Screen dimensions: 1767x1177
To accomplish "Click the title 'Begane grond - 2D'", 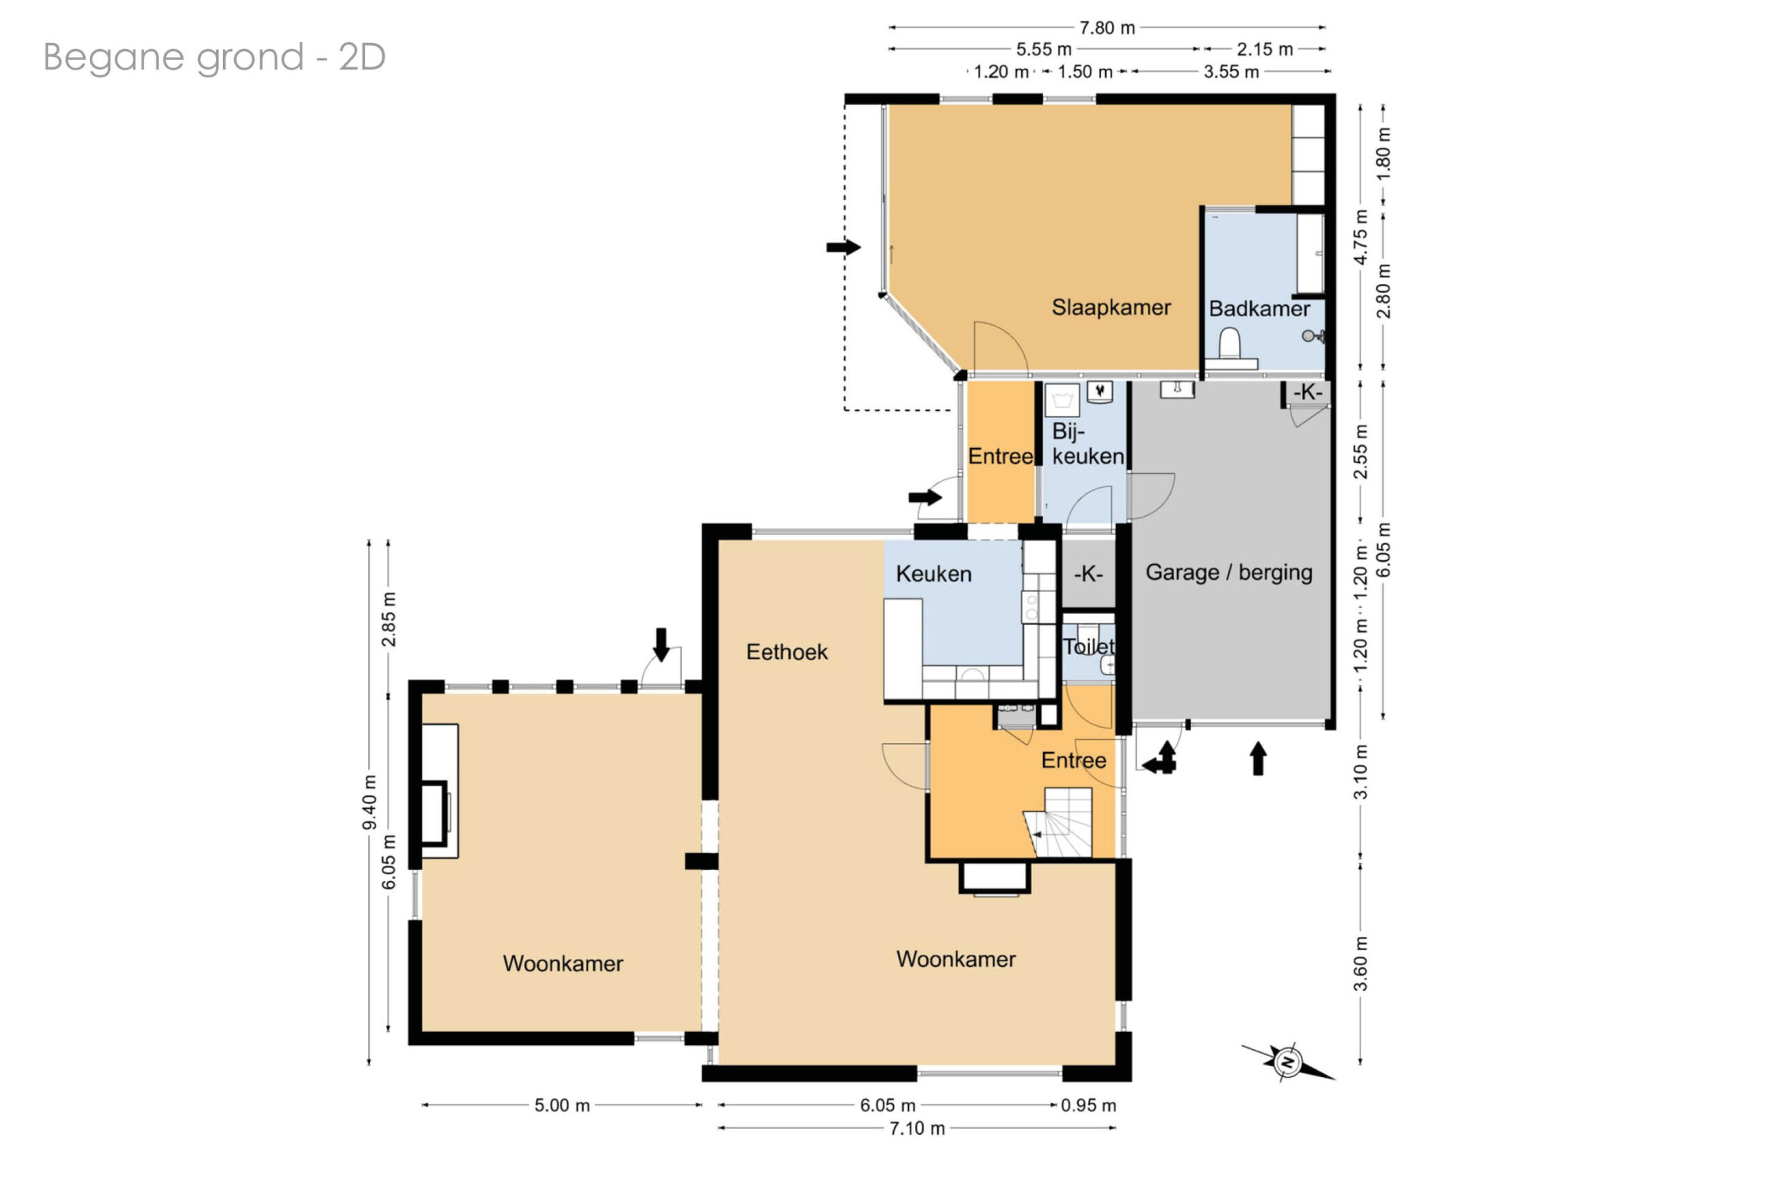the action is click(215, 57).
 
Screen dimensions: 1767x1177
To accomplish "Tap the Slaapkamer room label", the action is click(1111, 307).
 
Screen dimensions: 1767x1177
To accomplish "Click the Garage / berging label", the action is click(1229, 573).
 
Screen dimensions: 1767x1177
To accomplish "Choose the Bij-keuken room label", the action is click(1087, 444).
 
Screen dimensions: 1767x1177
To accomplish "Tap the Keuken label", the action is click(933, 574).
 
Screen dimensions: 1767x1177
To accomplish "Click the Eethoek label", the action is click(787, 651).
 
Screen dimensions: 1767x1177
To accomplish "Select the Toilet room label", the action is click(1088, 646).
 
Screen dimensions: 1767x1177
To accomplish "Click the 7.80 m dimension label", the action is click(1107, 28).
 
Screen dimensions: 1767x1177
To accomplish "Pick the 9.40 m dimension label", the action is click(369, 802).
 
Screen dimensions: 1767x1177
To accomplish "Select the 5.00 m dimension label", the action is click(562, 1105).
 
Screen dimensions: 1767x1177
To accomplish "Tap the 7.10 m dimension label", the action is click(917, 1128).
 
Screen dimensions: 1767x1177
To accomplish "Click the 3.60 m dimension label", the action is click(1360, 964).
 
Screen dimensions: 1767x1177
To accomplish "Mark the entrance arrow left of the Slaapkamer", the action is click(843, 247).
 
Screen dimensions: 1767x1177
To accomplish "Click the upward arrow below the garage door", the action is click(1258, 758).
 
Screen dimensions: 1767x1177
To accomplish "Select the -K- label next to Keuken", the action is click(1088, 574).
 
